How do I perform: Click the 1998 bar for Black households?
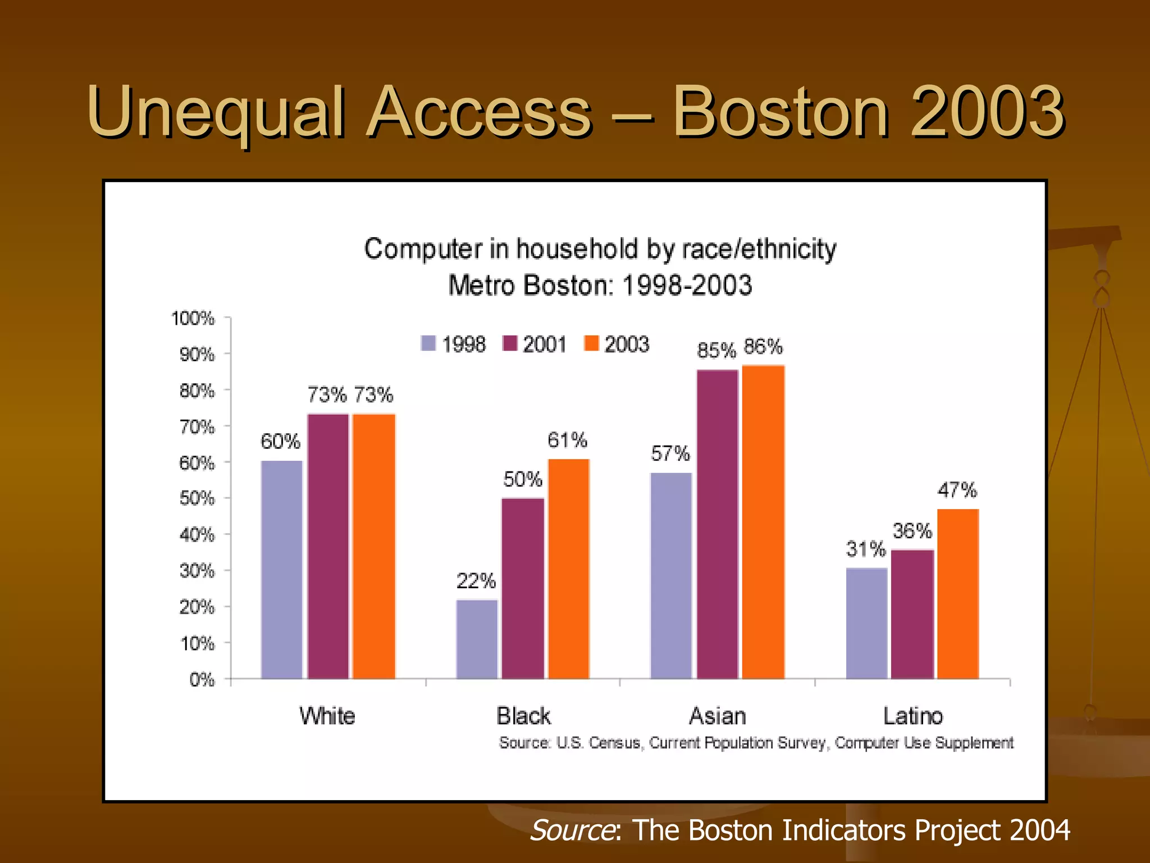pyautogui.click(x=477, y=639)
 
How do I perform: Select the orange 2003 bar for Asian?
pyautogui.click(x=763, y=523)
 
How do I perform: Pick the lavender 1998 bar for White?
pyautogui.click(x=282, y=570)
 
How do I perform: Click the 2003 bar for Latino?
pyautogui.click(x=958, y=594)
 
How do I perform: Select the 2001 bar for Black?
pyautogui.click(x=523, y=588)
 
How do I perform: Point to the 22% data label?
pyautogui.click(x=476, y=581)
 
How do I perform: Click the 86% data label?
pyautogui.click(x=763, y=347)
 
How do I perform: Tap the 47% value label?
pyautogui.click(x=957, y=490)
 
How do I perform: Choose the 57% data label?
pyautogui.click(x=670, y=453)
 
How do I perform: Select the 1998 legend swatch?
pyautogui.click(x=428, y=343)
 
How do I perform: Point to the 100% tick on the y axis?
pyautogui.click(x=193, y=319)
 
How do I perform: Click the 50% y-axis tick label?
pyautogui.click(x=197, y=498)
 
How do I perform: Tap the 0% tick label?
pyautogui.click(x=202, y=680)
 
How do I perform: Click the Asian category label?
pyautogui.click(x=717, y=716)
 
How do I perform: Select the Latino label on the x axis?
pyautogui.click(x=912, y=716)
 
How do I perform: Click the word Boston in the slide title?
pyautogui.click(x=781, y=112)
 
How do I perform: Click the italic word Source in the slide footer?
pyautogui.click(x=572, y=830)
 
